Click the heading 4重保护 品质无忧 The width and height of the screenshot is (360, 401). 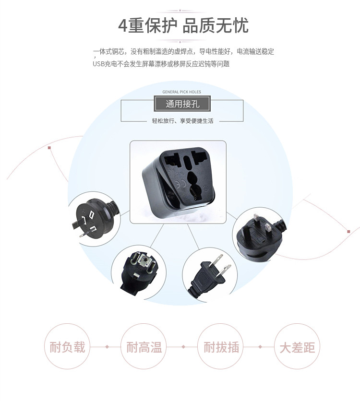183,25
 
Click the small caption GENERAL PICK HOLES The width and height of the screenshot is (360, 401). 181,92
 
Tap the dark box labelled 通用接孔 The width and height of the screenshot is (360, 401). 182,104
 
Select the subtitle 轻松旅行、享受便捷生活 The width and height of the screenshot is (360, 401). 182,121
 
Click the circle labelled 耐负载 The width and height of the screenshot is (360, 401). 67,346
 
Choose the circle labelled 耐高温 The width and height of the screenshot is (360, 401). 144,346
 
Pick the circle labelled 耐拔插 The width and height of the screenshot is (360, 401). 221,346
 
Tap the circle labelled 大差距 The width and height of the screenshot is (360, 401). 297,346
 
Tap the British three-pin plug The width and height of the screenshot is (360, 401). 259,234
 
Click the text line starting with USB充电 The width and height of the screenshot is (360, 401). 161,63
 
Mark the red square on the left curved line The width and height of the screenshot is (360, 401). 49,148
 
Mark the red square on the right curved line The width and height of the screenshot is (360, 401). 348,232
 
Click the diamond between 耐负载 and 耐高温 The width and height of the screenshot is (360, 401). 106,346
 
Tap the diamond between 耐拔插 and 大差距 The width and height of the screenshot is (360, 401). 260,346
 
